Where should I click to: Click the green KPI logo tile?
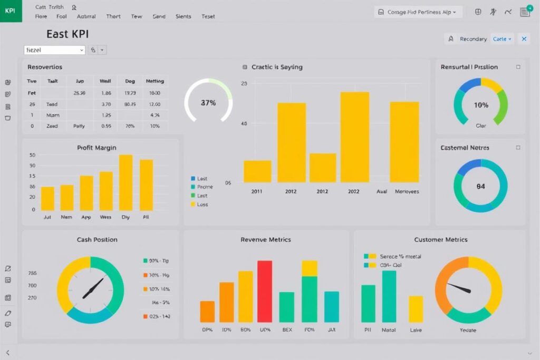11,11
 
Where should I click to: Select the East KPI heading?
67,34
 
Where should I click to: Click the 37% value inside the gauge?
208,103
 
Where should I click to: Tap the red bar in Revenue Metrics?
265,291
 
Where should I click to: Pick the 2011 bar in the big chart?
257,171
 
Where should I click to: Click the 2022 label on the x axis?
353,192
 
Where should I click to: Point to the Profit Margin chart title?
97,148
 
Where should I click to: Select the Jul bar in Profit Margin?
47,198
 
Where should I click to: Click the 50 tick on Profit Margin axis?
32,155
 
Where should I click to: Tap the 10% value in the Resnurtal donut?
481,105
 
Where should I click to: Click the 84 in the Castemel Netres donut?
480,186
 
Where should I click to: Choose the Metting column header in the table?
155,81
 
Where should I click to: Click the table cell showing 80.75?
130,104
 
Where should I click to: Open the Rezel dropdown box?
54,50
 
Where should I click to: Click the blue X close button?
524,39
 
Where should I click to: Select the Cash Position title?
97,239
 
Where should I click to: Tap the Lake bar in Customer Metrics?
416,309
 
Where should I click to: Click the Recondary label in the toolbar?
473,39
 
